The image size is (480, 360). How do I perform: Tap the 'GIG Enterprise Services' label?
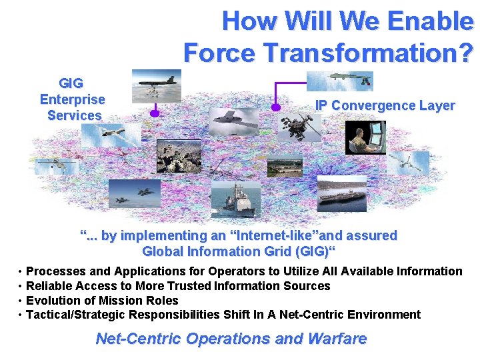73,99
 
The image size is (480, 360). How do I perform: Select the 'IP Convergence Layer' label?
385,105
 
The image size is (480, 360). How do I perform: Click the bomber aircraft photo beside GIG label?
156,85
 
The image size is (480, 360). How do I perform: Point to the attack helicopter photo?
299,127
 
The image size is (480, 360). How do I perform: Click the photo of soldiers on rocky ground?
178,156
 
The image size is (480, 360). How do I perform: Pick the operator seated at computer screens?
365,137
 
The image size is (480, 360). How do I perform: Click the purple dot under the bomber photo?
155,113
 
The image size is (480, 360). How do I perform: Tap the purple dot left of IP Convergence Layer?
274,107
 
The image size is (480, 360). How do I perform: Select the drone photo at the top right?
339,80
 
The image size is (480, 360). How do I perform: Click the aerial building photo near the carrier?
285,166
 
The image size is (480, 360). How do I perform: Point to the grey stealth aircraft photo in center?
232,121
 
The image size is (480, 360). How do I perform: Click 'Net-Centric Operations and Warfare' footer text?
231,339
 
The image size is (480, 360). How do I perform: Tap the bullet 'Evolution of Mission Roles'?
102,300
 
